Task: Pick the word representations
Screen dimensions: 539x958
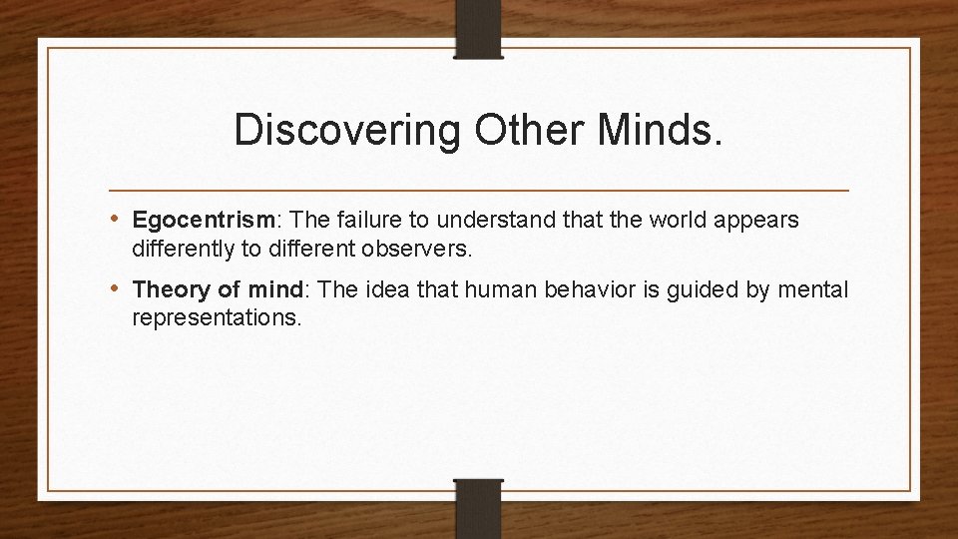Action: [x=216, y=316]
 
